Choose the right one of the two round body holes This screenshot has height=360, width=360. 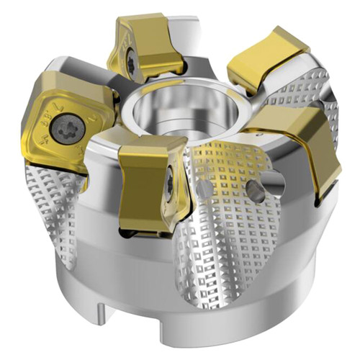coord(253,189)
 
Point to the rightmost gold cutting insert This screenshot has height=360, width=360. coord(302,144)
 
